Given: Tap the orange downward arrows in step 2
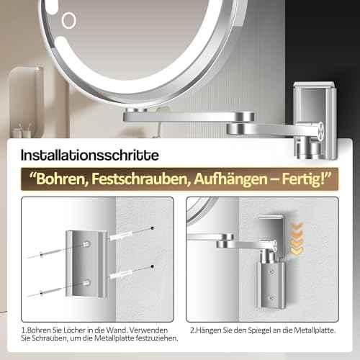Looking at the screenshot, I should click(x=297, y=238).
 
